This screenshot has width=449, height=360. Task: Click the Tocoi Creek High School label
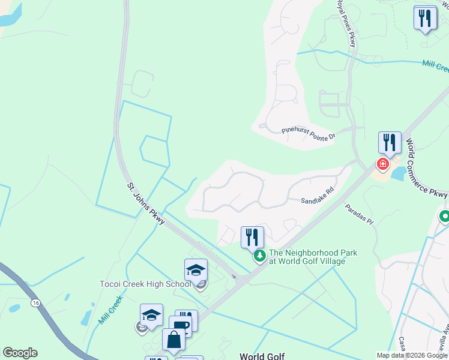(145, 284)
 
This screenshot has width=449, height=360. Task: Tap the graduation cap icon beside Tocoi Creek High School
(196, 271)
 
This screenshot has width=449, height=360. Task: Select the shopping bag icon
(173, 340)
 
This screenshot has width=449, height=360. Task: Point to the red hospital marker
(382, 163)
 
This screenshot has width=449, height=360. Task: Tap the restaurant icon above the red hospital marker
(390, 143)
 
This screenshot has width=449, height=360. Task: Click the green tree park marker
(260, 256)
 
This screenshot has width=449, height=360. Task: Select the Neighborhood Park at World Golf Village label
(313, 257)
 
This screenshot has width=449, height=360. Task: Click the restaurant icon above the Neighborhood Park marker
(252, 237)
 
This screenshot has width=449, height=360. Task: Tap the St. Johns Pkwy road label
(146, 204)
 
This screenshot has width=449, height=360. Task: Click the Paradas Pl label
(359, 215)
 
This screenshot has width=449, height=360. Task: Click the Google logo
(20, 353)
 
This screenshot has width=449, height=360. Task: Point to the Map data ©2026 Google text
(411, 355)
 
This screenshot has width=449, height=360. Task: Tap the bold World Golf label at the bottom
(262, 356)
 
